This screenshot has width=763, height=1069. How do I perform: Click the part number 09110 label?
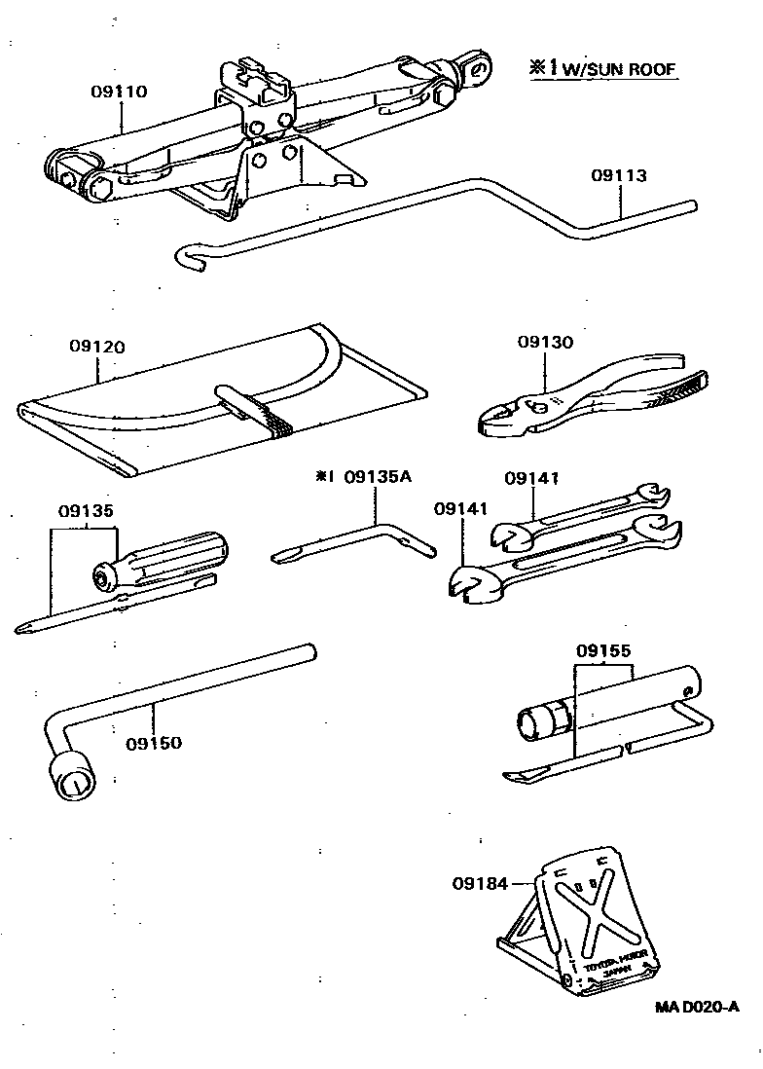119,92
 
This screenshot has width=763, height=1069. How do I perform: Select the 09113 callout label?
618,176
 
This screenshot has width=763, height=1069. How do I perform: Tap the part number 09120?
97,347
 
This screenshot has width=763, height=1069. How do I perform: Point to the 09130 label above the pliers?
545,342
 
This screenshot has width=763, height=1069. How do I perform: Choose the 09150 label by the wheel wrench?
154,743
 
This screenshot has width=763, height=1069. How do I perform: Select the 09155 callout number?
603,649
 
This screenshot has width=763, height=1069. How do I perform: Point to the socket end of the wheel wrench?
70,779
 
